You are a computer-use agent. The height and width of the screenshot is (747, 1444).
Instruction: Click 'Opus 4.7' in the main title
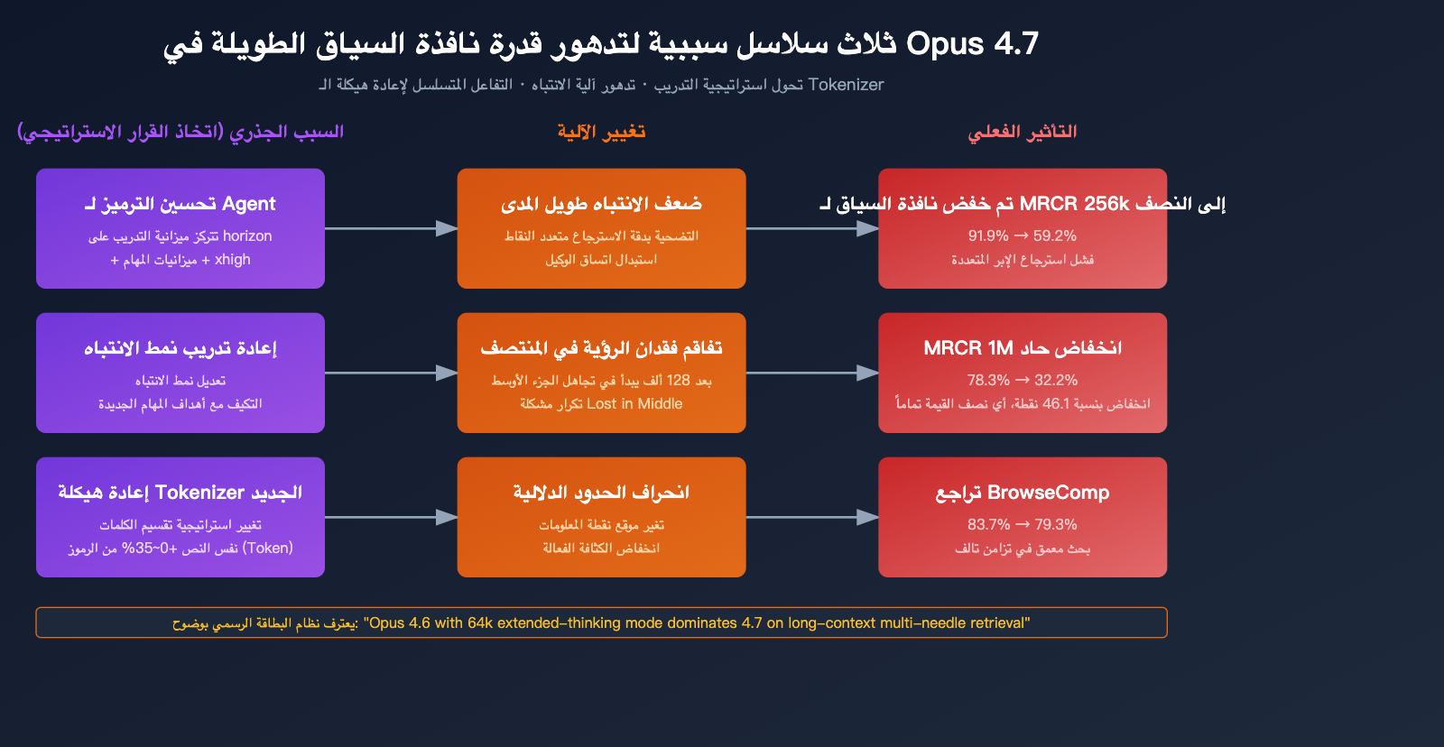pyautogui.click(x=972, y=43)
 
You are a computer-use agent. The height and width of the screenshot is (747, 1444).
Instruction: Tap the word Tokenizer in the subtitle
pyautogui.click(x=846, y=85)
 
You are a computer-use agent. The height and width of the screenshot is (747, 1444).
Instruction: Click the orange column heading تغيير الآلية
pyautogui.click(x=601, y=132)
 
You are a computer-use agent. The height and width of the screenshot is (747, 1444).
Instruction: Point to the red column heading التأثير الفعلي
pyautogui.click(x=1022, y=132)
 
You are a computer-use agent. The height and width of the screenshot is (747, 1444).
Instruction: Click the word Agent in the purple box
pyautogui.click(x=248, y=204)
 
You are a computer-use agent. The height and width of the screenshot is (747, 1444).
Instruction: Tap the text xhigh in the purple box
pyautogui.click(x=233, y=260)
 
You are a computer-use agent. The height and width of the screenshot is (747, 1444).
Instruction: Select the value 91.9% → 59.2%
pyautogui.click(x=1022, y=236)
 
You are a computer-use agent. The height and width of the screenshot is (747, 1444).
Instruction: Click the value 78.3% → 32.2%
pyautogui.click(x=1022, y=381)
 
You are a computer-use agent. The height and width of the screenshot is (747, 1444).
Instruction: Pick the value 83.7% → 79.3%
pyautogui.click(x=1022, y=525)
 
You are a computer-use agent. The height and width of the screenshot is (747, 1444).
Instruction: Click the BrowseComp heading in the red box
pyautogui.click(x=1048, y=493)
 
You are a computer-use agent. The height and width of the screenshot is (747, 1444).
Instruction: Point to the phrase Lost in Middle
pyautogui.click(x=634, y=404)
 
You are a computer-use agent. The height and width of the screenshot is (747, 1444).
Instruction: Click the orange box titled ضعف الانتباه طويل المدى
pyautogui.click(x=601, y=228)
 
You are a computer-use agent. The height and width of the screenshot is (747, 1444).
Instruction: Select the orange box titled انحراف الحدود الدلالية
pyautogui.click(x=601, y=517)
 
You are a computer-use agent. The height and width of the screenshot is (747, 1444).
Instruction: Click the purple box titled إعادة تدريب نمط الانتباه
pyautogui.click(x=180, y=373)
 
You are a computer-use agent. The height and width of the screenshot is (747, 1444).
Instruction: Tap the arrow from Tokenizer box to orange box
pyautogui.click(x=391, y=517)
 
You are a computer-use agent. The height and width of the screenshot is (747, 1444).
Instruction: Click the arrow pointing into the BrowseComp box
pyautogui.click(x=812, y=517)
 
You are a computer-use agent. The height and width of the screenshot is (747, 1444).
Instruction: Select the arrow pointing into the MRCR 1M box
pyautogui.click(x=812, y=373)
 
